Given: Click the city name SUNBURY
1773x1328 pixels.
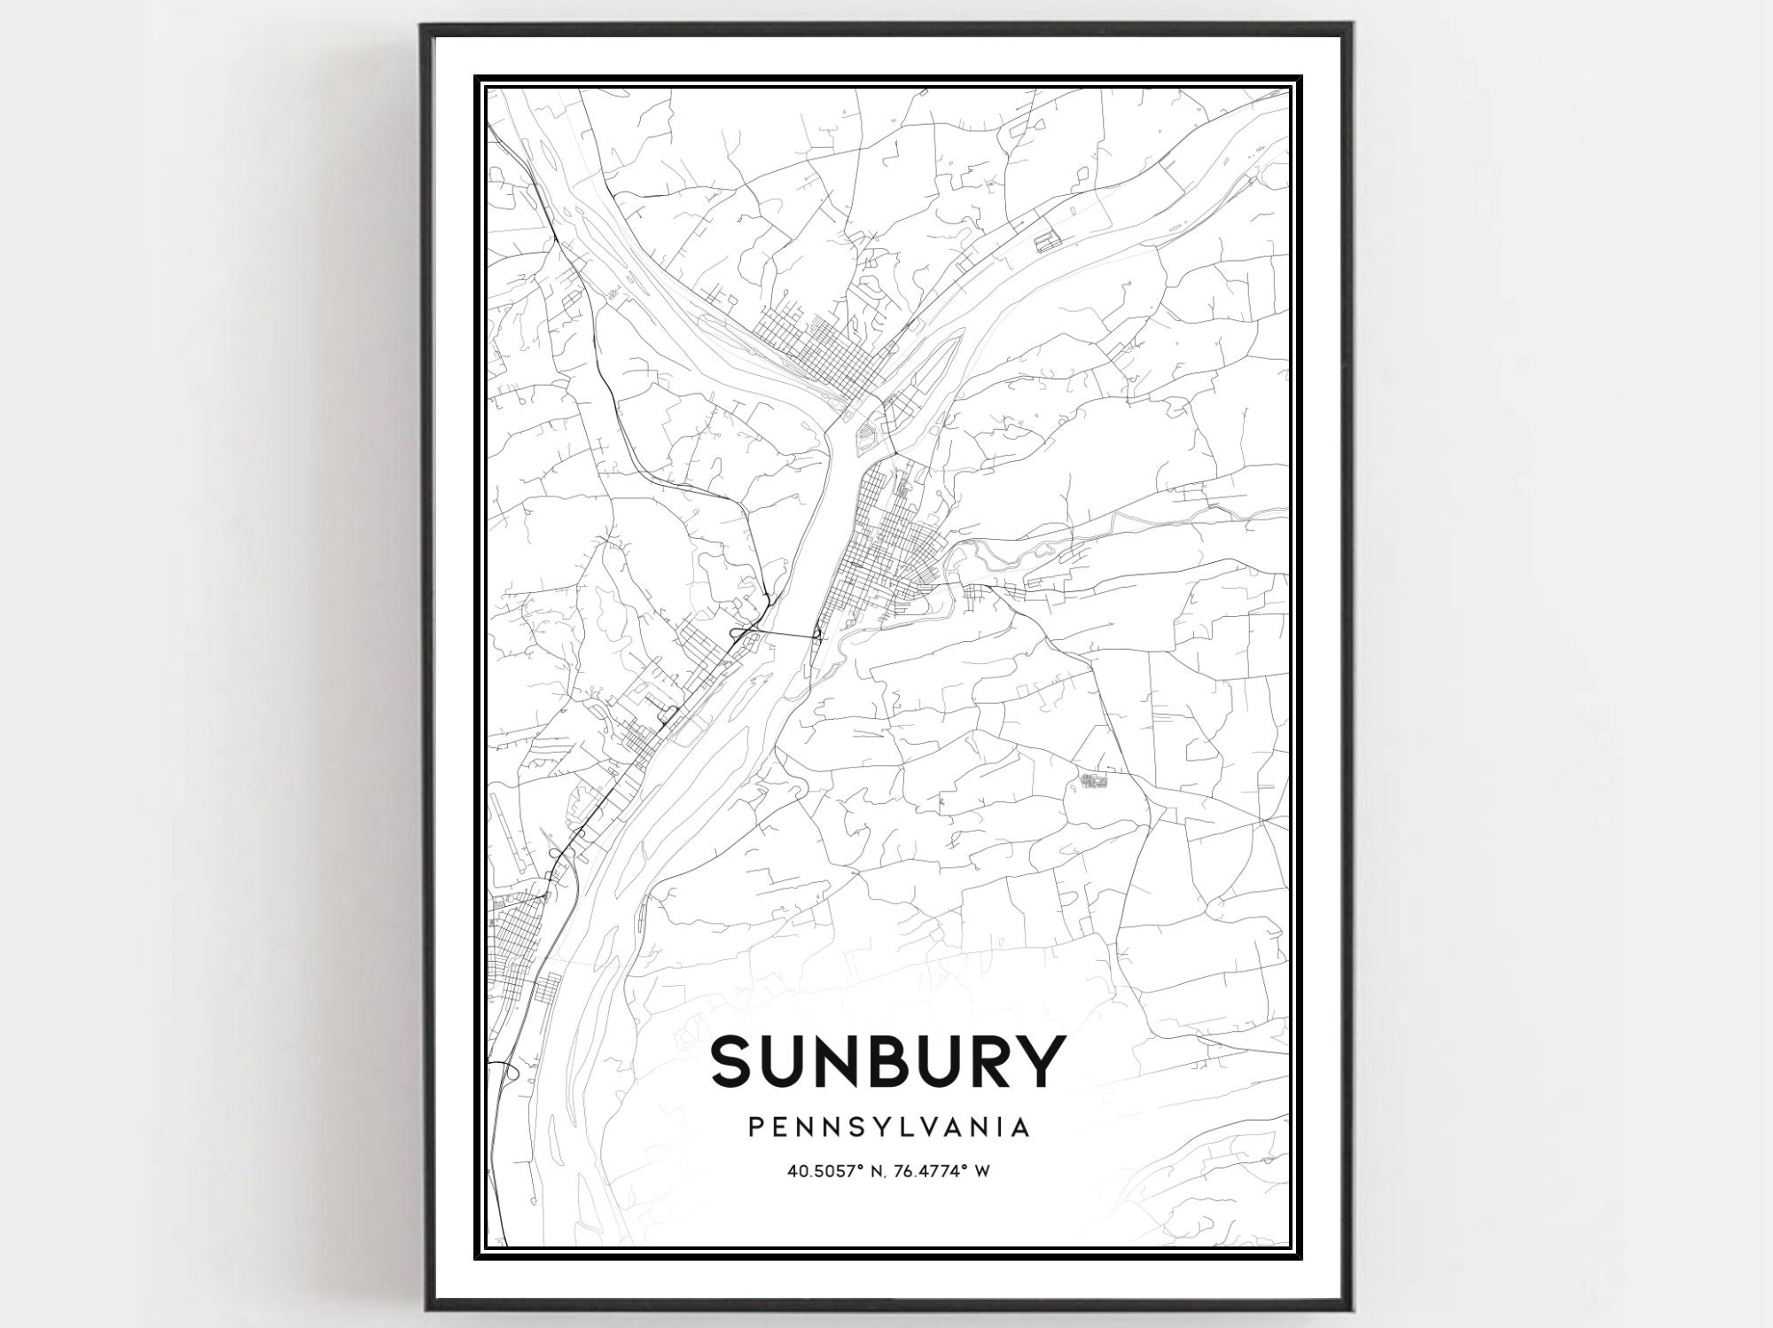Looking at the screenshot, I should (x=887, y=1061).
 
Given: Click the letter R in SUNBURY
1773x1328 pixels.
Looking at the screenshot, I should (x=979, y=1061).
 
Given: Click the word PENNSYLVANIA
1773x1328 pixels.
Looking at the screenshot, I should (x=888, y=1127).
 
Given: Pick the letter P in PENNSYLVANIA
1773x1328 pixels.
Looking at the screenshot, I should (x=755, y=1127).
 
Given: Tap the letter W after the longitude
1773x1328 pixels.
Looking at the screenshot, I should (x=981, y=1171).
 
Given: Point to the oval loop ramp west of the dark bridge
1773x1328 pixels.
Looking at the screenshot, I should (x=738, y=632).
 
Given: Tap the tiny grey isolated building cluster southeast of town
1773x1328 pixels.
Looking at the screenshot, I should (x=1094, y=780).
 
